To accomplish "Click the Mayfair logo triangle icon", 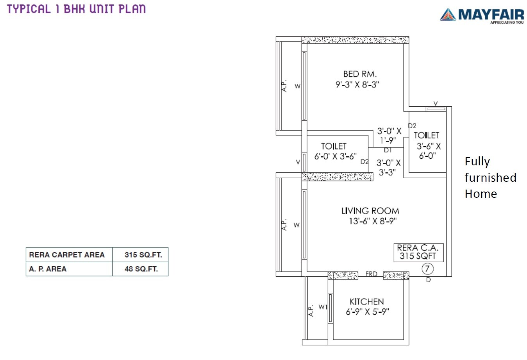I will pos(448,14).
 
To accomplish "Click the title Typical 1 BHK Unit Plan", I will pos(76,9).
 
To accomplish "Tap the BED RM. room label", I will pos(360,74).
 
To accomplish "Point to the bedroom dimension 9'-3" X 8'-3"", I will pos(357,84).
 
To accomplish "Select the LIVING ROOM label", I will pos(370,211).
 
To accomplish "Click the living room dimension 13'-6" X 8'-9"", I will pos(372,221).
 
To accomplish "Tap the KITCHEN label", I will pos(366,301).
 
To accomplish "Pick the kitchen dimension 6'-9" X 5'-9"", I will pos(367,312).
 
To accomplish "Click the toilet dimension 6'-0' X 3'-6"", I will pos(335,156).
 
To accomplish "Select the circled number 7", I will pos(427,269).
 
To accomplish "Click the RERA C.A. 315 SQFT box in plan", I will pos(418,252).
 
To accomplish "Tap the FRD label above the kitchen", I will pos(371,274).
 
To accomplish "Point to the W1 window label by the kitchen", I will pos(323,307).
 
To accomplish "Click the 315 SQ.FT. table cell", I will pos(143,255).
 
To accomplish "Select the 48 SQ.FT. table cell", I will pos(141,269).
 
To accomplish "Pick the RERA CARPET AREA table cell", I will pos(67,255).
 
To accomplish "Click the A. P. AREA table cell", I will pos(48,269).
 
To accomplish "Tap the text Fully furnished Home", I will pos(490,177).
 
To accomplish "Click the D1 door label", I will pos(388,150).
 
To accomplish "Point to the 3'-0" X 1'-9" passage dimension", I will pos(389,135).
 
